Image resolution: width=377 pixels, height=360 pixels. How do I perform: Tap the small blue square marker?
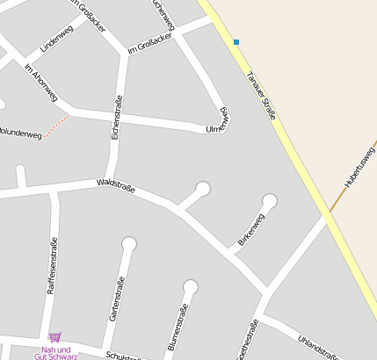(x=236, y=42)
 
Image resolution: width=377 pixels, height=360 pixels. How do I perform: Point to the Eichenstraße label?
(x=116, y=119)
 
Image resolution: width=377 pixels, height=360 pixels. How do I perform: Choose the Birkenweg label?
(x=250, y=229)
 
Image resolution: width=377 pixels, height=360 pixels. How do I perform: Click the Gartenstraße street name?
(x=116, y=299)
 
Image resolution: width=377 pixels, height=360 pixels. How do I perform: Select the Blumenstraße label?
(x=178, y=326)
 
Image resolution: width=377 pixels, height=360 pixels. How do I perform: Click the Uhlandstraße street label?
(x=317, y=346)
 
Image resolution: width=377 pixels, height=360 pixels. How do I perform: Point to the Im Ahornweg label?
(x=41, y=83)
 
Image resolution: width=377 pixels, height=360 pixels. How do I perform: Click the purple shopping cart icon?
(x=54, y=336)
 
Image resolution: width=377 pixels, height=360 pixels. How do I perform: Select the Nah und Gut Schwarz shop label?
(x=54, y=353)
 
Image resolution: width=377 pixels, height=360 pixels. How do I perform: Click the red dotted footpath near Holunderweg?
(x=57, y=126)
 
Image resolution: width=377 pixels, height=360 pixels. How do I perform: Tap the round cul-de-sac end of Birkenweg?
(x=270, y=201)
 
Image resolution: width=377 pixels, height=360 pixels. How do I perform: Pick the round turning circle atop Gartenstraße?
(x=129, y=243)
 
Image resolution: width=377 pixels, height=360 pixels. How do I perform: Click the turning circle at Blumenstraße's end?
(x=191, y=286)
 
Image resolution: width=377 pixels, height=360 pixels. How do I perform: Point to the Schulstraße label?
(x=124, y=355)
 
